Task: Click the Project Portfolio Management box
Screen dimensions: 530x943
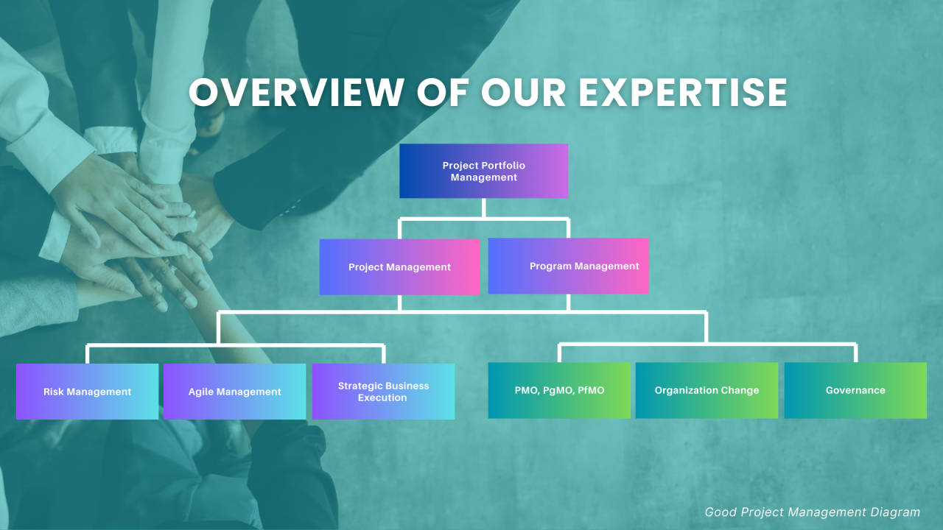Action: click(x=483, y=171)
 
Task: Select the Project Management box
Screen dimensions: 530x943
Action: click(x=399, y=267)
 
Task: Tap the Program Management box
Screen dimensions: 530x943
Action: click(x=568, y=266)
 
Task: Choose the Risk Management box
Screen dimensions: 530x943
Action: click(x=87, y=392)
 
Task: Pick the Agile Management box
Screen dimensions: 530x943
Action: click(x=234, y=392)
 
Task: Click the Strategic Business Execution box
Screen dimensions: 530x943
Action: click(x=383, y=392)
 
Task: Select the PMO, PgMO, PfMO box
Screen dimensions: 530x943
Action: click(x=559, y=390)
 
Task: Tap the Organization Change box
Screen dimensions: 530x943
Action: click(x=707, y=390)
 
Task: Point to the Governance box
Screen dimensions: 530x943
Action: click(x=855, y=390)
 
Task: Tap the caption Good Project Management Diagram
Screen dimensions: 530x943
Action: click(x=812, y=512)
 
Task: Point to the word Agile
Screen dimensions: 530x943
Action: click(x=201, y=392)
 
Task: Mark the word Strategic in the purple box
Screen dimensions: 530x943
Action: click(x=360, y=386)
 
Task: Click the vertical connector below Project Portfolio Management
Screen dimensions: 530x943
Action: click(x=483, y=208)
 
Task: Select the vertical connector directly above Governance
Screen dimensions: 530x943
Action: click(x=855, y=353)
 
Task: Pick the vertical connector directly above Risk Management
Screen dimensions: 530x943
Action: click(x=87, y=354)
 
